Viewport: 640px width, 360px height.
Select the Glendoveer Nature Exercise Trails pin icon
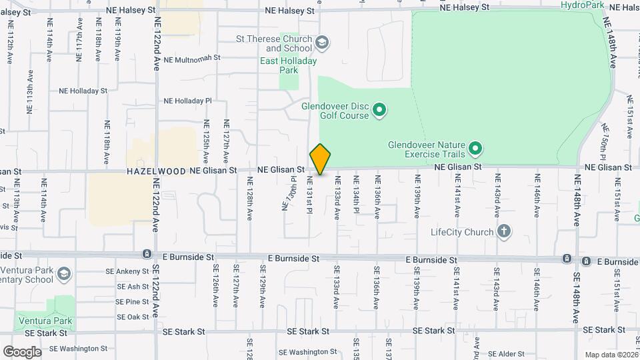click(x=475, y=147)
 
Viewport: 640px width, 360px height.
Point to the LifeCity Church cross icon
click(x=505, y=232)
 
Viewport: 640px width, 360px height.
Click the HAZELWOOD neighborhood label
click(x=156, y=171)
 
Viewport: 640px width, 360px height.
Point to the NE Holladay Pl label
click(x=187, y=101)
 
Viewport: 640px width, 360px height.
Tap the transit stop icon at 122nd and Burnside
click(x=146, y=254)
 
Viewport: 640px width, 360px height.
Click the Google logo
click(x=22, y=352)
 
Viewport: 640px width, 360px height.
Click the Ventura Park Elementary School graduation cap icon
click(x=63, y=273)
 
